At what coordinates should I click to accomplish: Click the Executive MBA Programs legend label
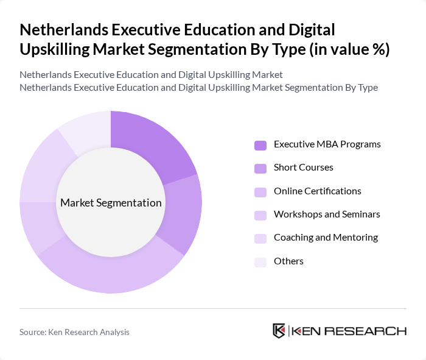click(327, 144)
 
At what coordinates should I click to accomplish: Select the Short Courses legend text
click(303, 168)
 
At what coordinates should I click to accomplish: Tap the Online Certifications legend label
click(317, 191)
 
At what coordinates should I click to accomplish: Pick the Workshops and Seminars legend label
click(327, 214)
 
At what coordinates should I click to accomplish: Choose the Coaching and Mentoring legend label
click(326, 238)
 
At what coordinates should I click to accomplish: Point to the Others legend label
click(288, 261)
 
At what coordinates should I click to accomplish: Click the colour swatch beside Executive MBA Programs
click(260, 145)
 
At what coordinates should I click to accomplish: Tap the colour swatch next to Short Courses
click(260, 168)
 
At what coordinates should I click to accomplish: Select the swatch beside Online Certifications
click(260, 191)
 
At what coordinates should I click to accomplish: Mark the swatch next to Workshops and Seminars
click(260, 215)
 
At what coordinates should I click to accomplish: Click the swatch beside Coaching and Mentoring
click(260, 238)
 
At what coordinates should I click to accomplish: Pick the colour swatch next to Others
click(260, 261)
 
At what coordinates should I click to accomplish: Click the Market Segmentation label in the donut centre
click(111, 203)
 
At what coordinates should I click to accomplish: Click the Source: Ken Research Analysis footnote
click(74, 332)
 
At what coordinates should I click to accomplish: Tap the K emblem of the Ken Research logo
click(279, 331)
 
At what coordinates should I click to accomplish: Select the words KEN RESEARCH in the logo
click(349, 331)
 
